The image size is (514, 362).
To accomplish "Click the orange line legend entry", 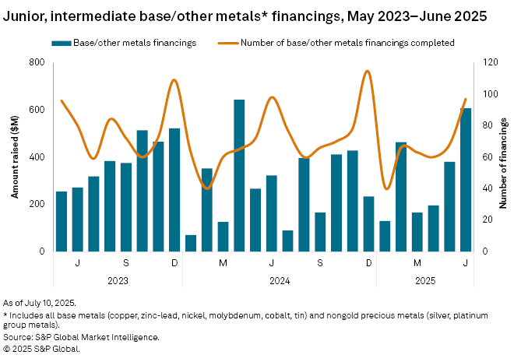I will click(x=343, y=41).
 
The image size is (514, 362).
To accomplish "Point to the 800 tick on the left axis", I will click(x=36, y=62).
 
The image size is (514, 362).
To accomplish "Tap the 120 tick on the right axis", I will click(x=488, y=62).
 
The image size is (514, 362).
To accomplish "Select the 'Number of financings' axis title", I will click(x=504, y=156).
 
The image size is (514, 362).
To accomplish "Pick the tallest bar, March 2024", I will click(x=239, y=175).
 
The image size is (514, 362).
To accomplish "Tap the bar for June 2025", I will click(x=466, y=179).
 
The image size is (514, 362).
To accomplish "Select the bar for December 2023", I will click(x=174, y=189).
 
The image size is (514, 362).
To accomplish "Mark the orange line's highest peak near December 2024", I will click(x=367, y=72).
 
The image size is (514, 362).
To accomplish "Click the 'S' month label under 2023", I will click(x=126, y=262).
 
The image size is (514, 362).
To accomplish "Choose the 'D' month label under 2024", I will click(x=368, y=262).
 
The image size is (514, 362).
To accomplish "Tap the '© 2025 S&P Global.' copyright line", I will click(x=41, y=349).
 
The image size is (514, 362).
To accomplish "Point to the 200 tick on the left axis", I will click(x=36, y=204).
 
